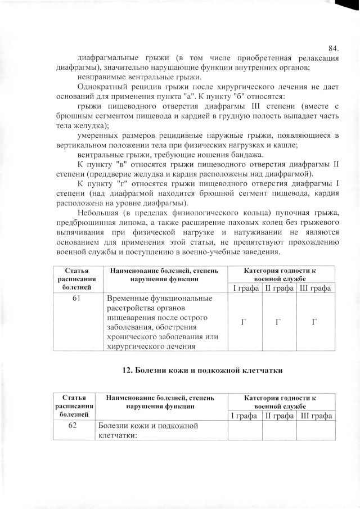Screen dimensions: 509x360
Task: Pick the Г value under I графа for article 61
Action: coord(244,322)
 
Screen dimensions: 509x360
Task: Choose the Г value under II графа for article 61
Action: coord(278,322)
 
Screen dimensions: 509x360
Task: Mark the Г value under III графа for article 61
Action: coord(314,322)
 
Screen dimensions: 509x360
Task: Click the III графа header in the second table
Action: coord(316,416)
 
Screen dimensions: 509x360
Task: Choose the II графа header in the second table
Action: coord(279,416)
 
